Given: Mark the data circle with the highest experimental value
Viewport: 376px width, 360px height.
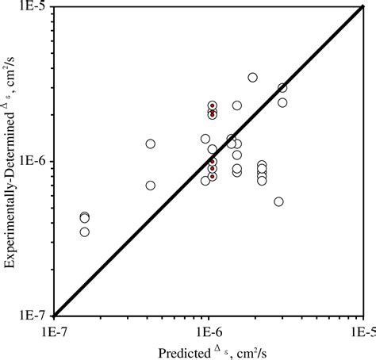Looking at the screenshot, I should pyautogui.click(x=252, y=78).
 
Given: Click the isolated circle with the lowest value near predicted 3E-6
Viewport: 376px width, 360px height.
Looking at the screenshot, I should pyautogui.click(x=278, y=201).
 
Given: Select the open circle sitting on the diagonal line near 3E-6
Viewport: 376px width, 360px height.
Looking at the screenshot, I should pyautogui.click(x=282, y=88).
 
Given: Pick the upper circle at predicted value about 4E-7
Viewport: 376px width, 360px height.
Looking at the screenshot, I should pyautogui.click(x=151, y=144).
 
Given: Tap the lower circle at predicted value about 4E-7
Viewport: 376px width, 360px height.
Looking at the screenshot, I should pyautogui.click(x=151, y=186).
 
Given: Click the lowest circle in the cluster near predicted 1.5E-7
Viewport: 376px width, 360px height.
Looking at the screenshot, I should pyautogui.click(x=85, y=232).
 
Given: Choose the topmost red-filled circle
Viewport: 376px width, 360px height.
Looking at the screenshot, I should pyautogui.click(x=212, y=105).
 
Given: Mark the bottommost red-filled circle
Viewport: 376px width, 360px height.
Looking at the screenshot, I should pyautogui.click(x=212, y=177).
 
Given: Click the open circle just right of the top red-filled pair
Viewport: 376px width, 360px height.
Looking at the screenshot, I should pyautogui.click(x=237, y=105).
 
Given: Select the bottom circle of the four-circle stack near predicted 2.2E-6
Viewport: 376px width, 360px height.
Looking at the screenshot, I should pyautogui.click(x=262, y=181).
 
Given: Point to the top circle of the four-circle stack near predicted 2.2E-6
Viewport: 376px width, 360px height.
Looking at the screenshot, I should pyautogui.click(x=262, y=165).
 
